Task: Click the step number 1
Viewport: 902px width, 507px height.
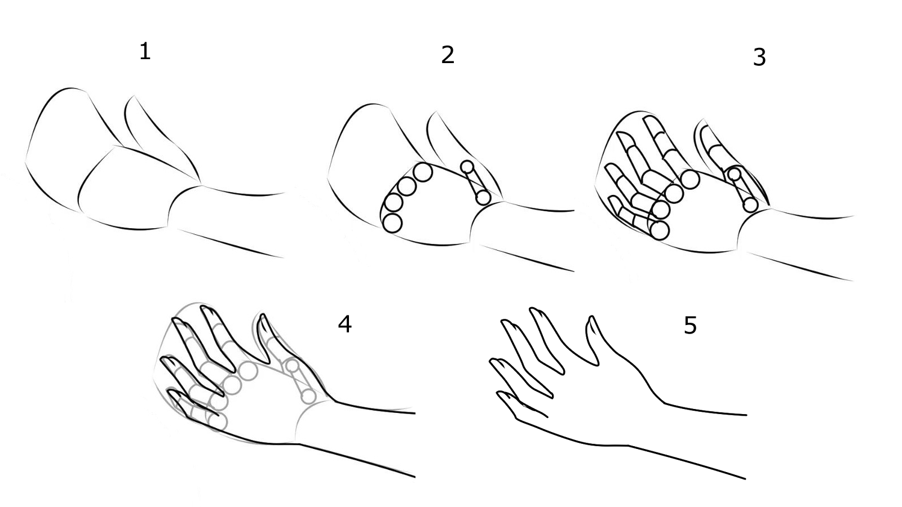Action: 145,52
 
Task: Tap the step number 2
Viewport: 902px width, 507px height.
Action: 448,55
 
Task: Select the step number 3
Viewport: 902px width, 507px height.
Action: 759,57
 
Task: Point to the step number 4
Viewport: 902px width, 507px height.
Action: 344,324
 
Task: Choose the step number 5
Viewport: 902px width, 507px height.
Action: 690,325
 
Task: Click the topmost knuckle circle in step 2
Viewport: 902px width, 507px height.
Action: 423,172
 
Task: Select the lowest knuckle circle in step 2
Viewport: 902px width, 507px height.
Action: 392,223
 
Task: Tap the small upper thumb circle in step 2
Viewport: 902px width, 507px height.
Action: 467,167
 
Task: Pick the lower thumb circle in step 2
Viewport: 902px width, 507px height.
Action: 483,198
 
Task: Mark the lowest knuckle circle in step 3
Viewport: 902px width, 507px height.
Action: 660,230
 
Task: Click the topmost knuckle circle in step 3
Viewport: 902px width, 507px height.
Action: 690,180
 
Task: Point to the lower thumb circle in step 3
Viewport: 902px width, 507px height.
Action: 750,205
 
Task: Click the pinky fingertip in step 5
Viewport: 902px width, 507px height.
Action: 499,394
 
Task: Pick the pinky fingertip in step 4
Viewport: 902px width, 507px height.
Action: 171,390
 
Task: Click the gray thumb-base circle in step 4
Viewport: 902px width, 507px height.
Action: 308,397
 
